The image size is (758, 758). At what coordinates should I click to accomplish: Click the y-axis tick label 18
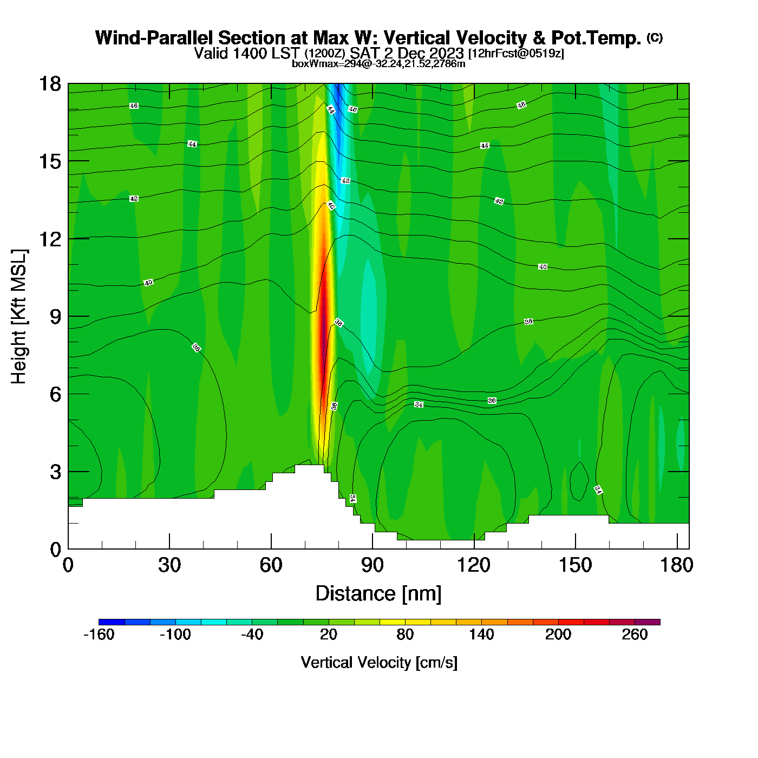pyautogui.click(x=50, y=84)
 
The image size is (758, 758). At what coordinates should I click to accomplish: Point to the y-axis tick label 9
pyautogui.click(x=55, y=317)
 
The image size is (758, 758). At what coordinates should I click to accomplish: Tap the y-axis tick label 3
pyautogui.click(x=55, y=472)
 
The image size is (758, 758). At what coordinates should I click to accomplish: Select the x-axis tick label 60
pyautogui.click(x=271, y=565)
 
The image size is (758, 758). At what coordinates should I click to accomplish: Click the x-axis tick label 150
pyautogui.click(x=575, y=565)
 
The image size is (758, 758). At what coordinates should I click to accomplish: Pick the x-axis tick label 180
pyautogui.click(x=677, y=565)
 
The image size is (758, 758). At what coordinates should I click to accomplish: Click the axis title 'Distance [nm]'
pyautogui.click(x=378, y=594)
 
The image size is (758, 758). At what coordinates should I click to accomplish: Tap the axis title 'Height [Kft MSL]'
pyautogui.click(x=19, y=317)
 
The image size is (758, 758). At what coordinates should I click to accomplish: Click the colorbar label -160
pyautogui.click(x=99, y=635)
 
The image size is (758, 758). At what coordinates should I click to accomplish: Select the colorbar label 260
pyautogui.click(x=635, y=635)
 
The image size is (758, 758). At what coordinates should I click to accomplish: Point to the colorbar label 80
pyautogui.click(x=405, y=635)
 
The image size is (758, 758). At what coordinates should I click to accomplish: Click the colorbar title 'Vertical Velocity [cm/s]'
pyautogui.click(x=379, y=663)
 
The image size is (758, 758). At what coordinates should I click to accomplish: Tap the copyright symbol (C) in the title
pyautogui.click(x=655, y=37)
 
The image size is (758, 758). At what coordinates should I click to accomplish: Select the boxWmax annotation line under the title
pyautogui.click(x=378, y=64)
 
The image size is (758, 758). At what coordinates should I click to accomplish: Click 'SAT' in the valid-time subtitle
pyautogui.click(x=363, y=53)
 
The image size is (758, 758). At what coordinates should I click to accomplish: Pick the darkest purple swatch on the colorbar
pyautogui.click(x=648, y=622)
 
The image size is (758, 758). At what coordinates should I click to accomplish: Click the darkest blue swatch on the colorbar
pyautogui.click(x=112, y=622)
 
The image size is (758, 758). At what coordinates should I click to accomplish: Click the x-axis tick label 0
pyautogui.click(x=68, y=565)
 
